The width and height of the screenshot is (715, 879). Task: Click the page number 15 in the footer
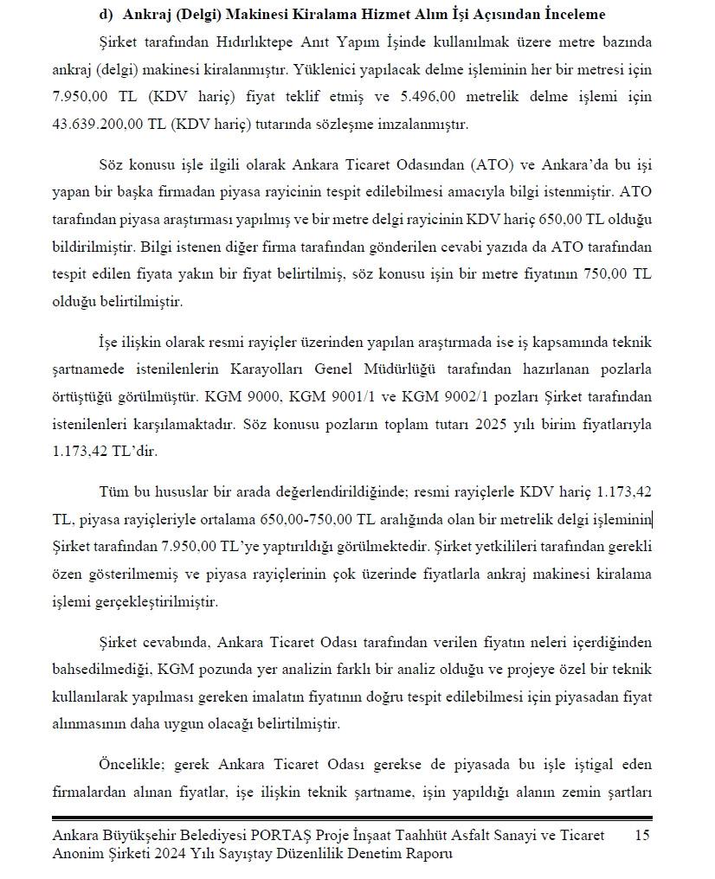pos(641,835)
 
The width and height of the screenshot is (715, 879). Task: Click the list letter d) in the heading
pos(106,16)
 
